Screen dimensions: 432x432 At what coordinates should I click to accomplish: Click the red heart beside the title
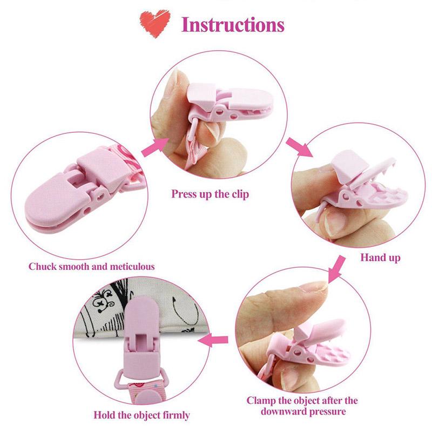click(x=155, y=23)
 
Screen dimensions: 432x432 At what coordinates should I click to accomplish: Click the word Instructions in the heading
click(x=233, y=25)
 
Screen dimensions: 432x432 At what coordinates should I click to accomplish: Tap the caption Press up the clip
click(x=210, y=194)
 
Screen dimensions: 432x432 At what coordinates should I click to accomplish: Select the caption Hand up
click(x=380, y=258)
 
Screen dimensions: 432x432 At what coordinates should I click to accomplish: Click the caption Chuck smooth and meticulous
click(x=91, y=267)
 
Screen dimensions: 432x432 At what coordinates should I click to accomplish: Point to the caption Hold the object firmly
click(x=141, y=415)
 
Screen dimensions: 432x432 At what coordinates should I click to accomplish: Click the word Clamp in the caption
click(x=261, y=401)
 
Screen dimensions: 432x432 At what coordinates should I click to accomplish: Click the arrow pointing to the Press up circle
click(x=155, y=147)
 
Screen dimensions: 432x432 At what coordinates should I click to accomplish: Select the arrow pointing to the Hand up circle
click(x=299, y=147)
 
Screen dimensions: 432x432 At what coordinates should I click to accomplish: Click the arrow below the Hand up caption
click(x=336, y=269)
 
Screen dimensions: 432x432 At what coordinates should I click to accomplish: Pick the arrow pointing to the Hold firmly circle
click(x=213, y=340)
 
